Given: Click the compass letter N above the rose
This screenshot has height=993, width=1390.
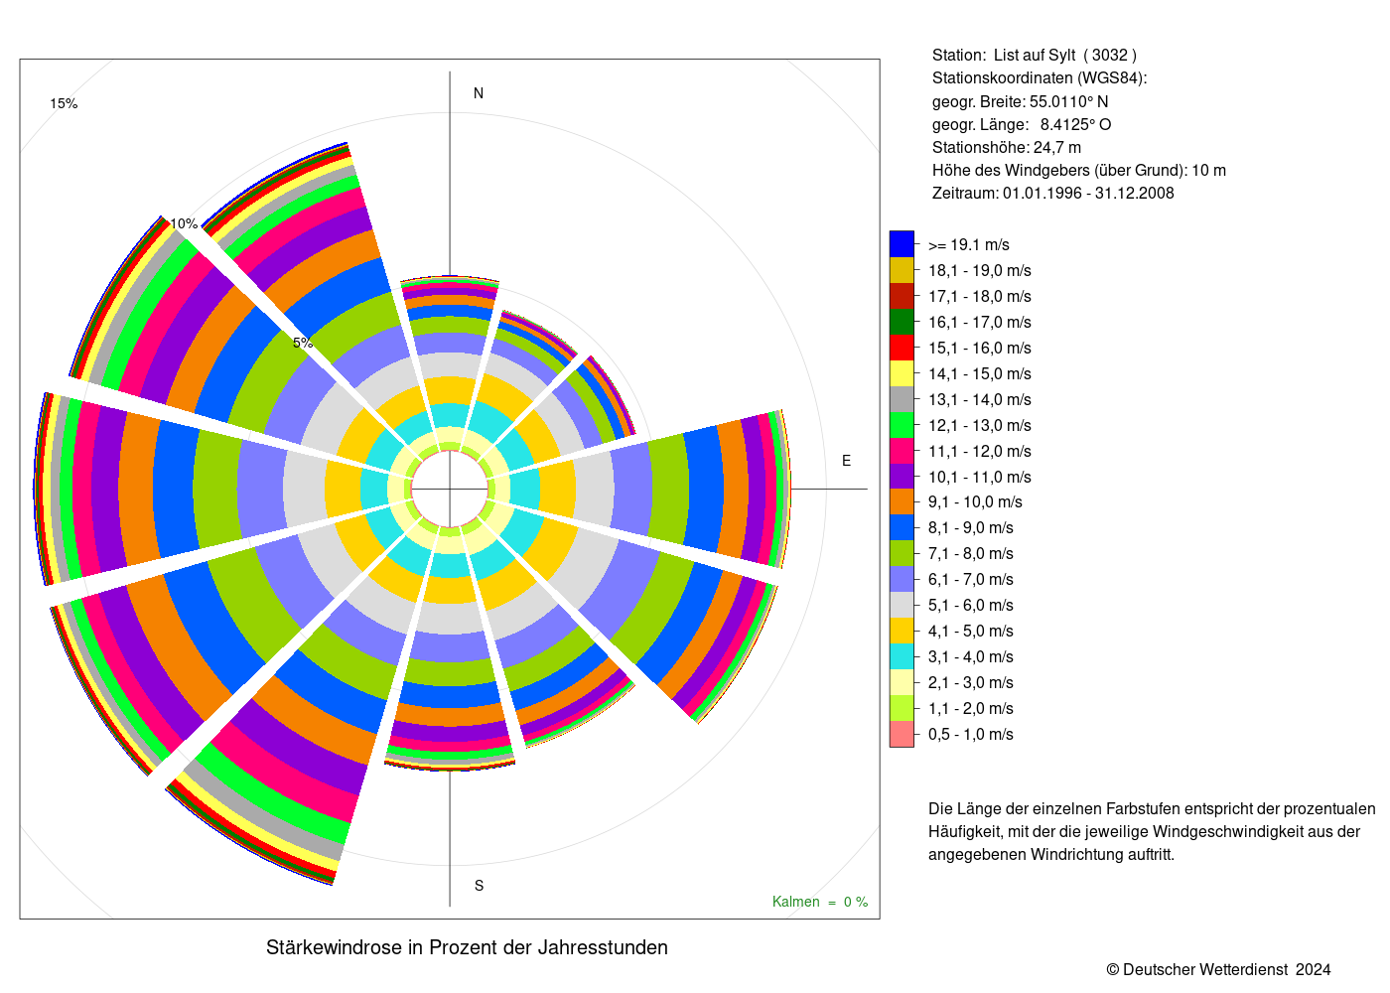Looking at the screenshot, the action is [x=479, y=93].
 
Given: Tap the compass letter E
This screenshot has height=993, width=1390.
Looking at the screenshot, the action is [x=846, y=461].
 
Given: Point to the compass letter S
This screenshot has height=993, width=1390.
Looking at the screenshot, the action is [x=479, y=886].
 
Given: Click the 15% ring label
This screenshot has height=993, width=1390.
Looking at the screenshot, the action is [x=64, y=103].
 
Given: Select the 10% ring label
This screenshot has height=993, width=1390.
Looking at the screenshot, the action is [x=185, y=223].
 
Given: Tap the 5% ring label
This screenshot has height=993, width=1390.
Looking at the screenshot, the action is [x=303, y=343].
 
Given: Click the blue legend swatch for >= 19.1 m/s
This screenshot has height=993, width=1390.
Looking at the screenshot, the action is [x=902, y=244].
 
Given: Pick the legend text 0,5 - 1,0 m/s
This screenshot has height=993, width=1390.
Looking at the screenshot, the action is [x=971, y=734].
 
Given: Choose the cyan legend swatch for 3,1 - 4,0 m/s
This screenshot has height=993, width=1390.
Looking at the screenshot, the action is [x=902, y=656].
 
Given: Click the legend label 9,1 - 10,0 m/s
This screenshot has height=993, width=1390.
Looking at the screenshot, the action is [x=975, y=502].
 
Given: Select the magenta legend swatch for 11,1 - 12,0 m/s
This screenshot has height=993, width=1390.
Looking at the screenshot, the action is [x=902, y=451].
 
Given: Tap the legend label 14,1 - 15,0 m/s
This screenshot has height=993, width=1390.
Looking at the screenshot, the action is [x=979, y=373].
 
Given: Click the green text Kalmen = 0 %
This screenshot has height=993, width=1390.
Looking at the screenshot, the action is [x=820, y=902].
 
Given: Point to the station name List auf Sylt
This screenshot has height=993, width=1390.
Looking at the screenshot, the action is [x=1035, y=56].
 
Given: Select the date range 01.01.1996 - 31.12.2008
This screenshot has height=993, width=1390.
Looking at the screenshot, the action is [x=1088, y=193].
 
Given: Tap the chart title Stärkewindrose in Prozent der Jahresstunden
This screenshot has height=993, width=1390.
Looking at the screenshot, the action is [x=467, y=947].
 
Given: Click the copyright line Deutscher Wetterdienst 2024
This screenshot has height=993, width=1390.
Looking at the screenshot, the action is [x=1218, y=969].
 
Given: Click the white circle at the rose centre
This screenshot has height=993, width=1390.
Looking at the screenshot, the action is [x=450, y=489].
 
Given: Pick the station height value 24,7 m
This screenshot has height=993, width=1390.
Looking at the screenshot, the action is [x=1056, y=148].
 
